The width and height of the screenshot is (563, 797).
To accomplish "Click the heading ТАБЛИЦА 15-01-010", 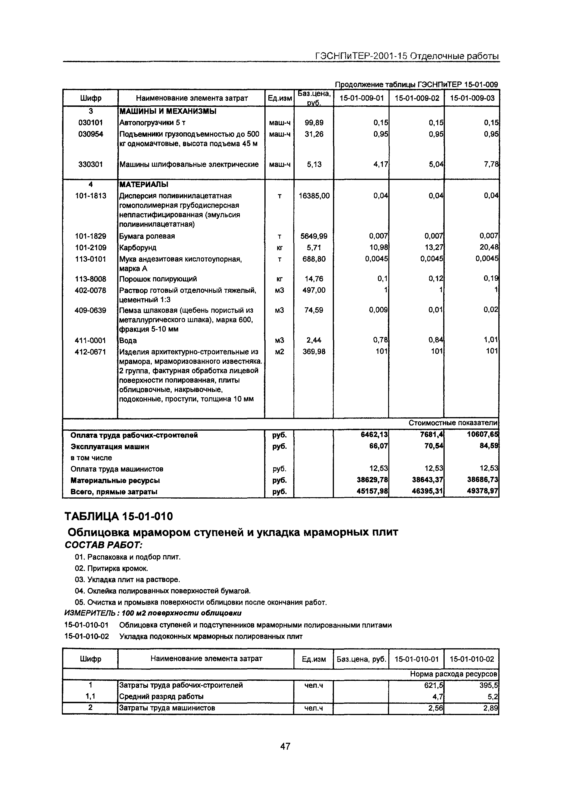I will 118,517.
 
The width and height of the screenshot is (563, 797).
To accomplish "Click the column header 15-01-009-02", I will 417,98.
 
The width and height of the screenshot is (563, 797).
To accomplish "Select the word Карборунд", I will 138,247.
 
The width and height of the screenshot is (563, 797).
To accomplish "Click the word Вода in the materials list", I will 128,341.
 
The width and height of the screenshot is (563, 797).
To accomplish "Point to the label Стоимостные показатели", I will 453,423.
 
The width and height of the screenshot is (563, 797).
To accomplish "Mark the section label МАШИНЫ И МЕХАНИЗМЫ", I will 167,111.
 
